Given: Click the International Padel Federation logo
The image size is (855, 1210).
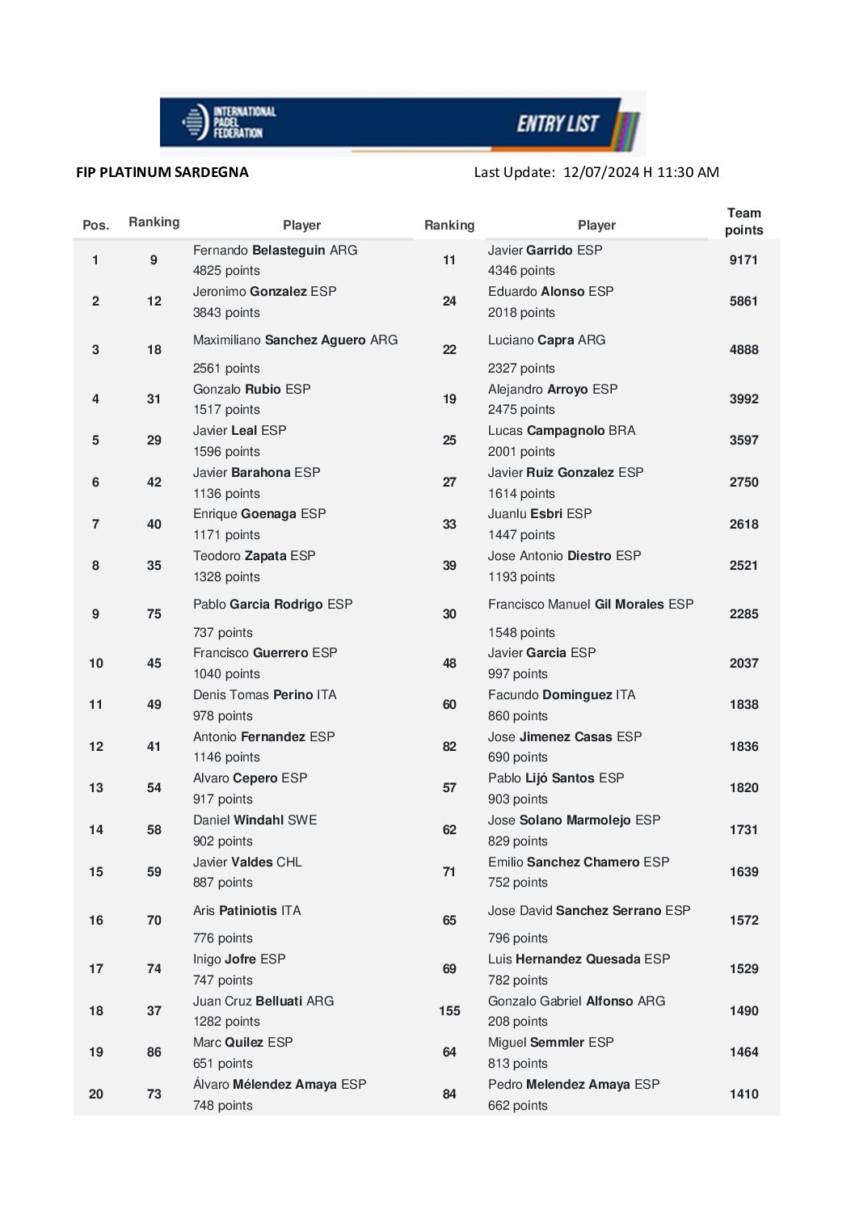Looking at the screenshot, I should [x=230, y=122].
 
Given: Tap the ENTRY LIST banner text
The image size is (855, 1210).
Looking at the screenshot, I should [x=558, y=124].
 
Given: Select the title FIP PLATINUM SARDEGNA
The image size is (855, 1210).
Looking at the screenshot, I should [x=162, y=172].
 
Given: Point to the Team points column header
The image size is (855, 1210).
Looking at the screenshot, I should [x=743, y=221].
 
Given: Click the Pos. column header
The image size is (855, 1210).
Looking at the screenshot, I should [x=95, y=226].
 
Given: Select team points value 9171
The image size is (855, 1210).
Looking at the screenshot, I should [x=743, y=260].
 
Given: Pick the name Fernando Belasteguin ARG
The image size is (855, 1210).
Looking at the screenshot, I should [x=275, y=251].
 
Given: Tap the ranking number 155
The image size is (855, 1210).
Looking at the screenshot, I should [x=449, y=1011].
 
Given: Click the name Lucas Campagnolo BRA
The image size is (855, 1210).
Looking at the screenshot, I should [x=562, y=431].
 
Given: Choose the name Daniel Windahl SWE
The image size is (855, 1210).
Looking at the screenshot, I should [x=255, y=820].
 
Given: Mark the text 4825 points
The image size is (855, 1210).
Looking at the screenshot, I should [x=226, y=271].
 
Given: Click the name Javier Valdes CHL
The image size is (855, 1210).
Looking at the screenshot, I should [x=247, y=862].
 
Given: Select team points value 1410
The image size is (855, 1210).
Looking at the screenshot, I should [x=743, y=1094].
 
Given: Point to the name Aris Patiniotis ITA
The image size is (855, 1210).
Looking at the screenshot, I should [x=246, y=911].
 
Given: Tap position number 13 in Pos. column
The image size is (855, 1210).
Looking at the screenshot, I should [x=96, y=788].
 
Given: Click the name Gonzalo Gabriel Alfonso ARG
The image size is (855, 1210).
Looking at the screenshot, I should [x=576, y=1001].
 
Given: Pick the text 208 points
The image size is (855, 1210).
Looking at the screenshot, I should [x=517, y=1022].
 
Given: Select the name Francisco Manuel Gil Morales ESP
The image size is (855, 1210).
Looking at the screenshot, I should [x=591, y=605].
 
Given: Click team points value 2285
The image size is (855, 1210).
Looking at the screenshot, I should [x=743, y=614].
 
